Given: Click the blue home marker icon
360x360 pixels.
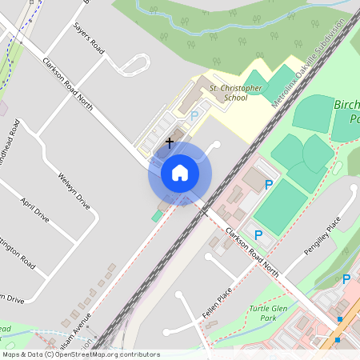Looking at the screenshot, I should (179, 173).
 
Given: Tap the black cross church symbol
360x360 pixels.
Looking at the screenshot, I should (169, 142).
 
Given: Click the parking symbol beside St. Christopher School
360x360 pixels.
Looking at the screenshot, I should (194, 115).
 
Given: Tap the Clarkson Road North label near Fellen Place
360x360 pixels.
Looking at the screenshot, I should (253, 251).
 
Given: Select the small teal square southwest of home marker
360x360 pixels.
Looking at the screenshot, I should (156, 217).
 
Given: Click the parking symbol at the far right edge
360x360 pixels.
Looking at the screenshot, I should (346, 279).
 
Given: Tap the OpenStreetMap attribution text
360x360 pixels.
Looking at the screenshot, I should (80, 354).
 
